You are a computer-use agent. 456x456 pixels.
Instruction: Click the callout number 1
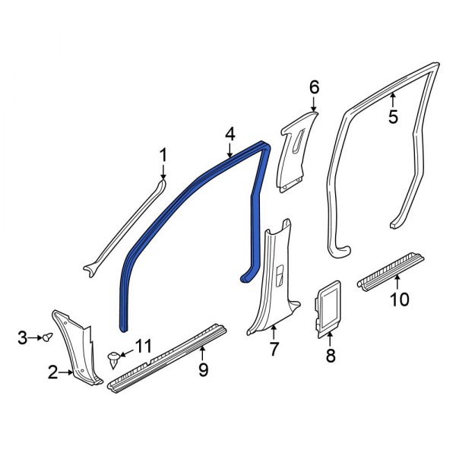click(x=163, y=156)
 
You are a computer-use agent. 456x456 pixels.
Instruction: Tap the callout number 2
click(x=52, y=372)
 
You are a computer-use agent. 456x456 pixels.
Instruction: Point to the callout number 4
click(x=230, y=135)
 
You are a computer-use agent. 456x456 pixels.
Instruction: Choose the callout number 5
click(x=393, y=117)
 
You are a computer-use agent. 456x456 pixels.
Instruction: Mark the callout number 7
click(x=274, y=350)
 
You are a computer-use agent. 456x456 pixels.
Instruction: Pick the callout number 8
click(x=331, y=355)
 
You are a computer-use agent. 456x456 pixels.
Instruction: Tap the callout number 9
click(x=203, y=371)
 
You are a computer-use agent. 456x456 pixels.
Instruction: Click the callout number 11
click(x=144, y=347)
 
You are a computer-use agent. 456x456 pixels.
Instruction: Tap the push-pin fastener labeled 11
click(x=115, y=357)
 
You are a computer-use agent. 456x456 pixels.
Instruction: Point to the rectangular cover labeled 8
click(x=328, y=308)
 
